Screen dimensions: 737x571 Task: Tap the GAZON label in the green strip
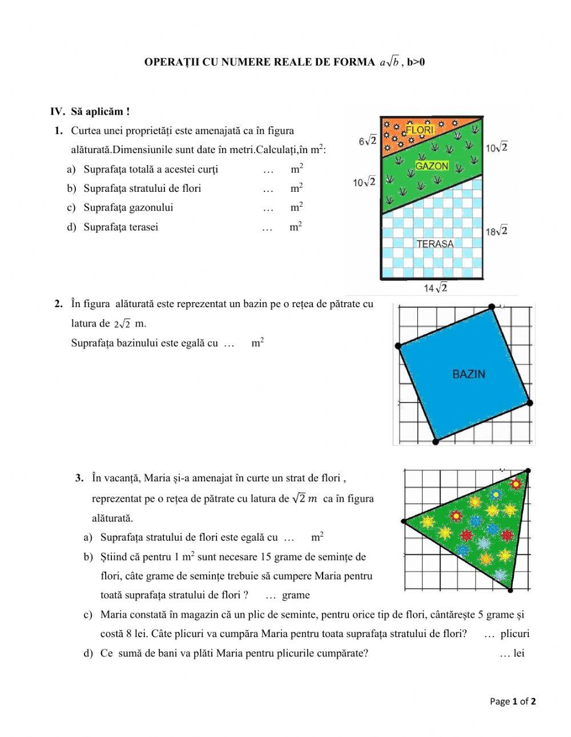pyautogui.click(x=432, y=166)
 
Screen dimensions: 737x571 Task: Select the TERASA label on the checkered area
pyautogui.click(x=435, y=244)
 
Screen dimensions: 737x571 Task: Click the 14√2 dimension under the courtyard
pyautogui.click(x=436, y=288)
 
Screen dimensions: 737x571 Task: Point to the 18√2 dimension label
pyautogui.click(x=496, y=231)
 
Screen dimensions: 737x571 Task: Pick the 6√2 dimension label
pyautogui.click(x=368, y=140)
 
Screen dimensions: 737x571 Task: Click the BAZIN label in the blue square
pyautogui.click(x=469, y=374)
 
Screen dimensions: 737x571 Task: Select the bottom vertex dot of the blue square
pyautogui.click(x=436, y=441)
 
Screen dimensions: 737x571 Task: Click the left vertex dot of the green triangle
pyautogui.click(x=404, y=521)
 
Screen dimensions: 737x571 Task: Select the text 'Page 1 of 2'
pyautogui.click(x=513, y=702)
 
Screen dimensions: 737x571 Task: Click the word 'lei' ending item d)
pyautogui.click(x=518, y=654)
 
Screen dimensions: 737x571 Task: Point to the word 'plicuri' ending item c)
pyautogui.click(x=514, y=634)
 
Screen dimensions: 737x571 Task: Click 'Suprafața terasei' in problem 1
pyautogui.click(x=120, y=227)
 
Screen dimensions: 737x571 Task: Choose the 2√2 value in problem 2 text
pyautogui.click(x=122, y=324)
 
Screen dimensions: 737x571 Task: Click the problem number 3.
pyautogui.click(x=80, y=478)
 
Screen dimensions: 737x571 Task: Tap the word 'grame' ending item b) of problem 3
pyautogui.click(x=296, y=595)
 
